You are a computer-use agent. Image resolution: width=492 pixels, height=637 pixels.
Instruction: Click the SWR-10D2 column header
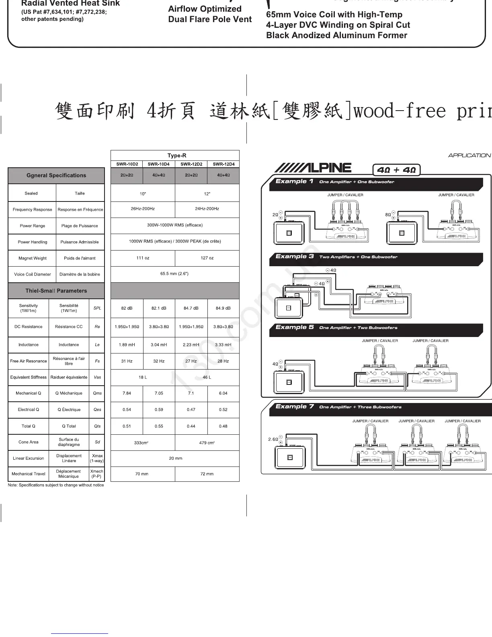[x=127, y=164]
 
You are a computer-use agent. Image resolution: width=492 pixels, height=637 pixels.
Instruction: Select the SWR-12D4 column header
[x=223, y=164]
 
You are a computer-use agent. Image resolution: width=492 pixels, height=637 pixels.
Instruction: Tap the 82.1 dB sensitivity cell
[x=159, y=308]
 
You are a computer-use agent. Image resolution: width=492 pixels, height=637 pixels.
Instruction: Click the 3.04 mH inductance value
[x=159, y=345]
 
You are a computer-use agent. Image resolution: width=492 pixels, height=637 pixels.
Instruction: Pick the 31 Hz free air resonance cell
[x=127, y=361]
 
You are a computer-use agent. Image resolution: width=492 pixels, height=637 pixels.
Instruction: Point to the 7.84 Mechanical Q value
[x=127, y=393]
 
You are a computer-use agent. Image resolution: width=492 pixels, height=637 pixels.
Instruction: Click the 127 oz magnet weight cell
[x=207, y=258]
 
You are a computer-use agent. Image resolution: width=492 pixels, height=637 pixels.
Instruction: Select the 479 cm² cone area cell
[x=207, y=443]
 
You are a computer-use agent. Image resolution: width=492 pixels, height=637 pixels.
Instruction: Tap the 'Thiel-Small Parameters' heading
[x=56, y=291]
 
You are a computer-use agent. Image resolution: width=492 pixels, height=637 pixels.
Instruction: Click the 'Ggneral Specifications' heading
[x=56, y=175]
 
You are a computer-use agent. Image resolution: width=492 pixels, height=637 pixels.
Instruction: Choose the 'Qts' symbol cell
[x=97, y=426]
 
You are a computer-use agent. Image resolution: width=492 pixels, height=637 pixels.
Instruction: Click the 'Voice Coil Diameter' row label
[x=33, y=274]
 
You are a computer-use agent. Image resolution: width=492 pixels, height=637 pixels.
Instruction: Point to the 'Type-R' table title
[x=177, y=156]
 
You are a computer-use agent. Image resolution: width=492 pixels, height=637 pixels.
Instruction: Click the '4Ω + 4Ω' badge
[x=396, y=170]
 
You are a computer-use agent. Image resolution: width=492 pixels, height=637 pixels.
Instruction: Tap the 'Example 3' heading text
[x=295, y=257]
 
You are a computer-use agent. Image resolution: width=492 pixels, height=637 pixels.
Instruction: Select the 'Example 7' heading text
[x=295, y=407]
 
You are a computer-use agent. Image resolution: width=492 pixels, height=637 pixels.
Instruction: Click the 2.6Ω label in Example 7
[x=273, y=440]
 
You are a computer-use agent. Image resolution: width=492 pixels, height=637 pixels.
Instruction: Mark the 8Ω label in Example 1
[x=388, y=215]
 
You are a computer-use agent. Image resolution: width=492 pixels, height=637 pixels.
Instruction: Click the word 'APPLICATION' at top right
[x=469, y=155]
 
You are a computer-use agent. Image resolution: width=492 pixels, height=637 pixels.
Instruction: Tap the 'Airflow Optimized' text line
[x=205, y=9]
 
